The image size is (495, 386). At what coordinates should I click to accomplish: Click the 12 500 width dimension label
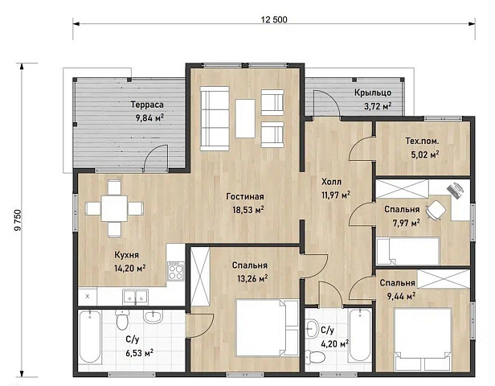pyautogui.click(x=274, y=19)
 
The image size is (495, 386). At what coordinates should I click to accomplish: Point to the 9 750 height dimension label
pyautogui.click(x=18, y=220)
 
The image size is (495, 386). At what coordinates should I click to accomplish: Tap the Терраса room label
pyautogui.click(x=147, y=105)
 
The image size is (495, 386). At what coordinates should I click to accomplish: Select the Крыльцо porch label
pyautogui.click(x=373, y=92)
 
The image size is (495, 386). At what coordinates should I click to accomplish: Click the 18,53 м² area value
pyautogui.click(x=248, y=209)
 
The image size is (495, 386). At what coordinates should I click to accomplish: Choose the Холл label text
pyautogui.click(x=331, y=182)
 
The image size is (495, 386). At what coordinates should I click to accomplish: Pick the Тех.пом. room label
pyautogui.click(x=422, y=141)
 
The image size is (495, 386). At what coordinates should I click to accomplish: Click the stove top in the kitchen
pyautogui.click(x=175, y=271)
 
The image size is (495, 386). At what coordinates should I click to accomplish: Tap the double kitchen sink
pyautogui.click(x=136, y=297)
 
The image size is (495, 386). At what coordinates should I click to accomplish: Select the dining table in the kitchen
pyautogui.click(x=114, y=208)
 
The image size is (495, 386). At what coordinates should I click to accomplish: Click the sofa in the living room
pyautogui.click(x=215, y=118)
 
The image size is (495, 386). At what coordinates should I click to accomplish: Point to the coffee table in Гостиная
pyautogui.click(x=245, y=118)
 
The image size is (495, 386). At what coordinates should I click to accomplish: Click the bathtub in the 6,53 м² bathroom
pyautogui.click(x=90, y=337)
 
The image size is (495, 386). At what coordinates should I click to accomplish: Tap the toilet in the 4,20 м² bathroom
pyautogui.click(x=316, y=357)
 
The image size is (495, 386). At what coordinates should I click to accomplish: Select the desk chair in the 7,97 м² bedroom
pyautogui.click(x=436, y=209)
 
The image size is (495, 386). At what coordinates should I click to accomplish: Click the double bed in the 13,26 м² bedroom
pyautogui.click(x=267, y=328)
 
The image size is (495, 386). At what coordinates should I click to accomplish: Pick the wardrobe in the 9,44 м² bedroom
pyautogui.click(x=444, y=279)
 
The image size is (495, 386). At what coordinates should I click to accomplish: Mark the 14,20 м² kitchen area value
pyautogui.click(x=129, y=268)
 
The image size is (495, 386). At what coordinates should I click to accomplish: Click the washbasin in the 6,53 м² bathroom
pyautogui.click(x=153, y=316)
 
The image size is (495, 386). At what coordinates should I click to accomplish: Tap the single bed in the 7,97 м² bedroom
pyautogui.click(x=408, y=251)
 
